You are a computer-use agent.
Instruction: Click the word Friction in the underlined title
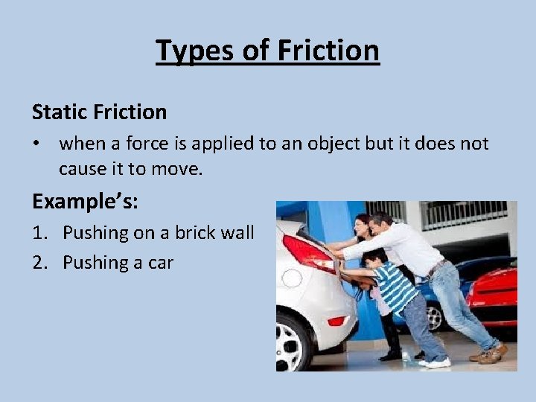[328, 51]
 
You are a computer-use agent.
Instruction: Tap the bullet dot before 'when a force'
[37, 143]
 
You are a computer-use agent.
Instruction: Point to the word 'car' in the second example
[159, 263]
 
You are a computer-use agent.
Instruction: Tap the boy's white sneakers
[435, 362]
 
